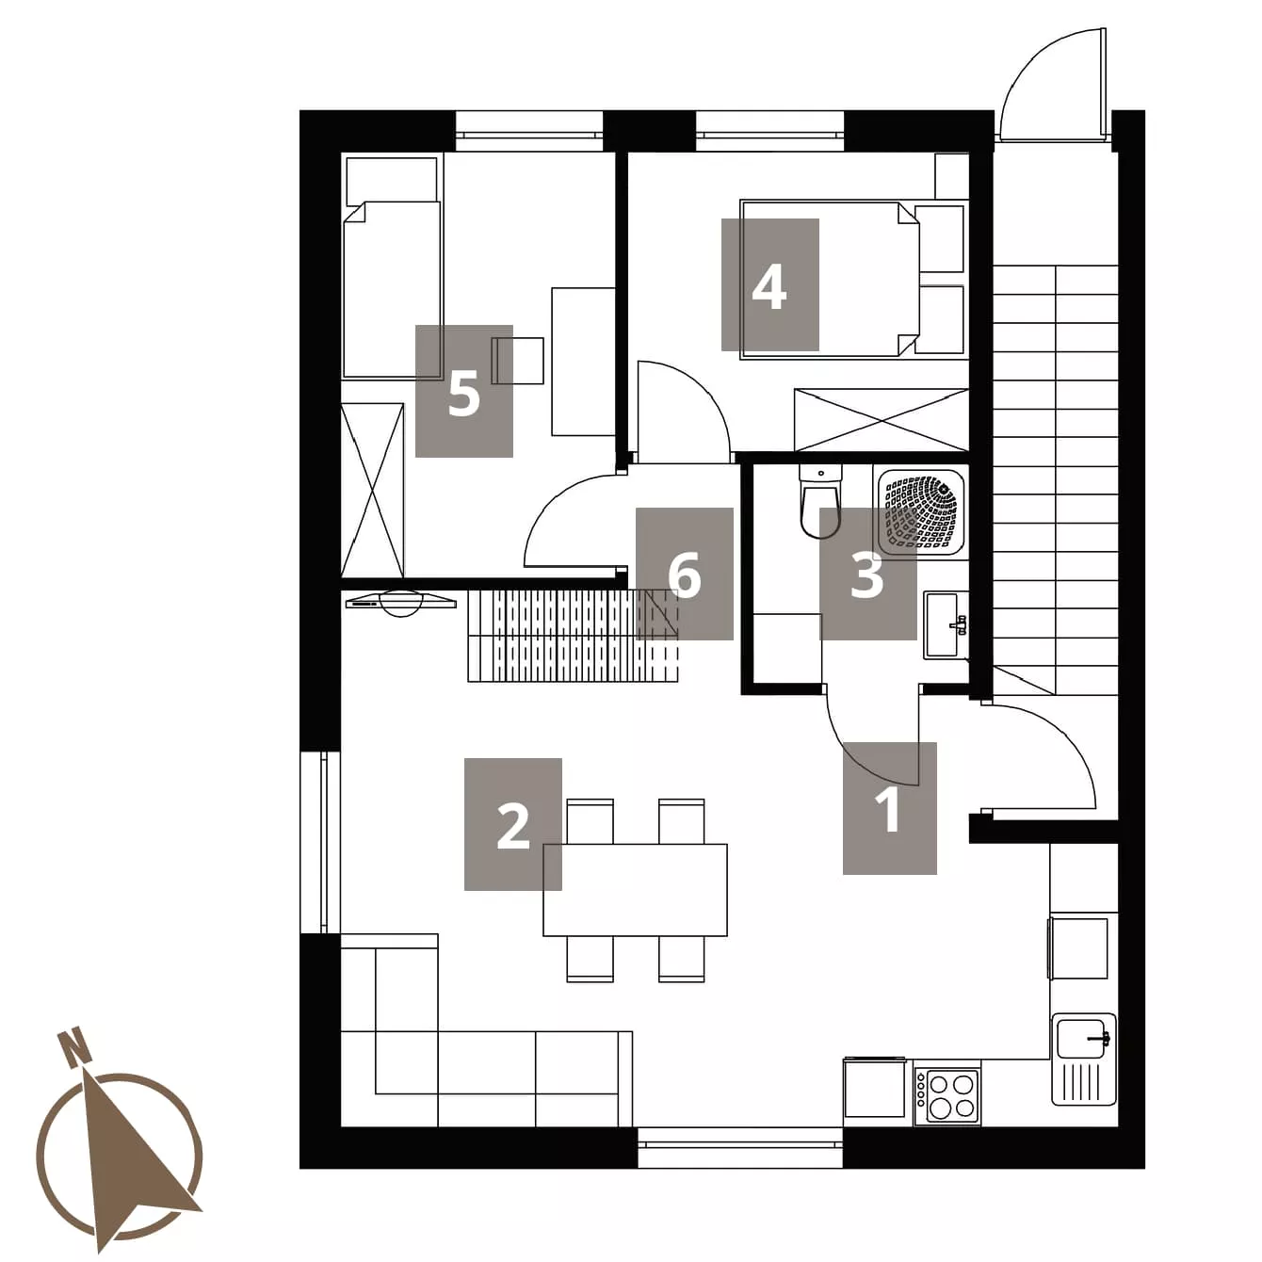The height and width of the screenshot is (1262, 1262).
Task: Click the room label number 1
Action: click(889, 809)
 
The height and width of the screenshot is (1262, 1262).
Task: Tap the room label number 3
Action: click(867, 575)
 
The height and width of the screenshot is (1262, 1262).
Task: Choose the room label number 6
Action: click(685, 575)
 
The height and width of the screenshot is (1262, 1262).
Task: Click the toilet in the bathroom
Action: click(820, 503)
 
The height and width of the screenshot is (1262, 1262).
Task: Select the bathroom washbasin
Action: click(946, 624)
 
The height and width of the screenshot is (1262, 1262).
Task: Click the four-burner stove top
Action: click(947, 1098)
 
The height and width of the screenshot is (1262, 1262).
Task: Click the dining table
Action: click(635, 890)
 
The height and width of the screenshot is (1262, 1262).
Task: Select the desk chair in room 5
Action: click(517, 360)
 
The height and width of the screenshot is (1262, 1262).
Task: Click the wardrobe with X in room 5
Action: click(372, 491)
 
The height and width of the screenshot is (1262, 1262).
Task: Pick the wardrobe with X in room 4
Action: click(881, 420)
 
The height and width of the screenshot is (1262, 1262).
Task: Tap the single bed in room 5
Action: click(392, 267)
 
